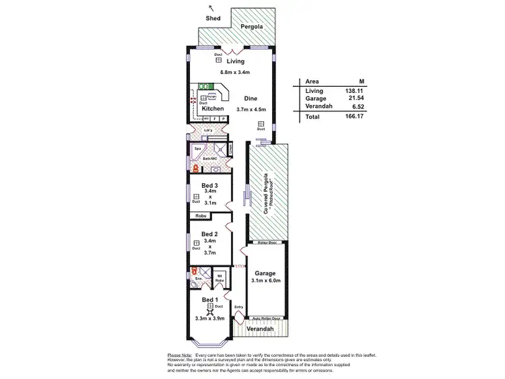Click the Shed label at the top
(213, 19)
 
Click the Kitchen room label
(213, 109)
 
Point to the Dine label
(251, 98)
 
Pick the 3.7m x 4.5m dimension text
(252, 110)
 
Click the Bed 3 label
(210, 185)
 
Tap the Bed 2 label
(210, 234)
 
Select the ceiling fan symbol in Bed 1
(210, 312)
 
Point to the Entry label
(238, 307)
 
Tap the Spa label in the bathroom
(198, 148)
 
